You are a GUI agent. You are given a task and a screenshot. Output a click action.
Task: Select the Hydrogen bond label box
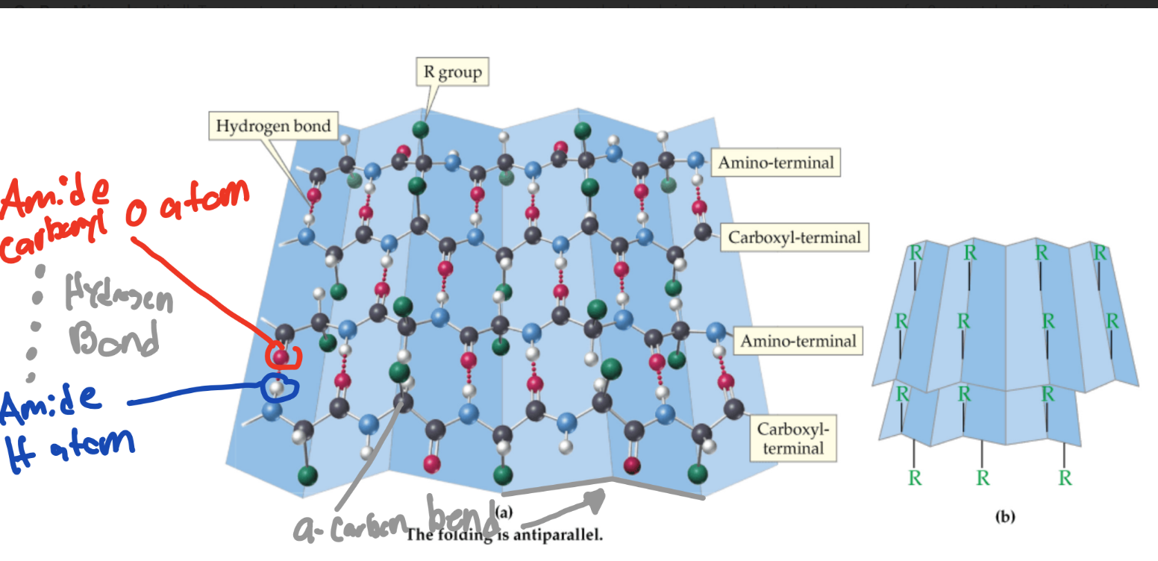272,126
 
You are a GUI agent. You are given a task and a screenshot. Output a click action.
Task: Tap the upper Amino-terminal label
775,161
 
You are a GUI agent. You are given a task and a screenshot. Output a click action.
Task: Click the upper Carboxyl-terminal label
794,237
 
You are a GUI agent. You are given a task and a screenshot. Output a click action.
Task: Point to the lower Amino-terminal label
798,341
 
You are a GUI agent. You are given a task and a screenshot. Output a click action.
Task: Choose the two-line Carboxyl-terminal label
792,439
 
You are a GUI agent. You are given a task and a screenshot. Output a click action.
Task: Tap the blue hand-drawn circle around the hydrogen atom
281,386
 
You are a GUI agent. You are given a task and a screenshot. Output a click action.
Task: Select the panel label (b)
1000,515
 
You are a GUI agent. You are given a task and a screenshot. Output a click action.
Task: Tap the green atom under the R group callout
422,129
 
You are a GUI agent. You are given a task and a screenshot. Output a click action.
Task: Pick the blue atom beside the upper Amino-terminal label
696,159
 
